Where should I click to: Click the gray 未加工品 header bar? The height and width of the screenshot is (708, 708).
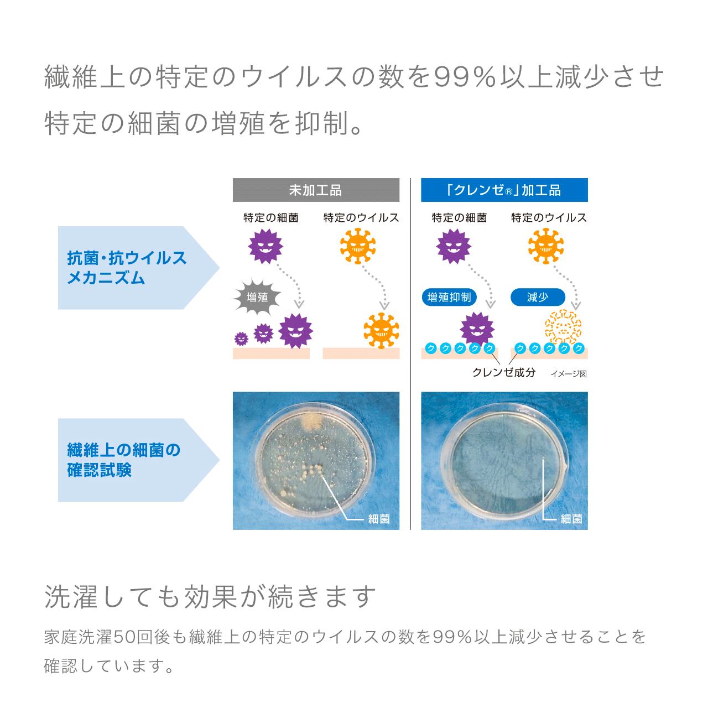pos(316,190)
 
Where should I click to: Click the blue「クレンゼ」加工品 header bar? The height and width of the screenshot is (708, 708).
pos(504,190)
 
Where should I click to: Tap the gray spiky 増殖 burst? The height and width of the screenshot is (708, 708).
pos(257,298)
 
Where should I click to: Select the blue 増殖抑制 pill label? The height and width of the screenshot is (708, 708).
pos(449,298)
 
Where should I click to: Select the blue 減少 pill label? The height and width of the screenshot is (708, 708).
pos(537,298)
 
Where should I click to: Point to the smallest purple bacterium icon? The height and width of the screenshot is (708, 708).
pos(241,339)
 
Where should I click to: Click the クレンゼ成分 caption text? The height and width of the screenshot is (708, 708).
pos(503,372)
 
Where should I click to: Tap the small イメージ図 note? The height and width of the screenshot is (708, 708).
pos(568,374)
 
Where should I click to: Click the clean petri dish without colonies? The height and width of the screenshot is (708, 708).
pos(504,455)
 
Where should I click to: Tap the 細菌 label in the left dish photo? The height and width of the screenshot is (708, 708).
pos(379,519)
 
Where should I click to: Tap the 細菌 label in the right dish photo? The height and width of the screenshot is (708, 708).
pos(571,519)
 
